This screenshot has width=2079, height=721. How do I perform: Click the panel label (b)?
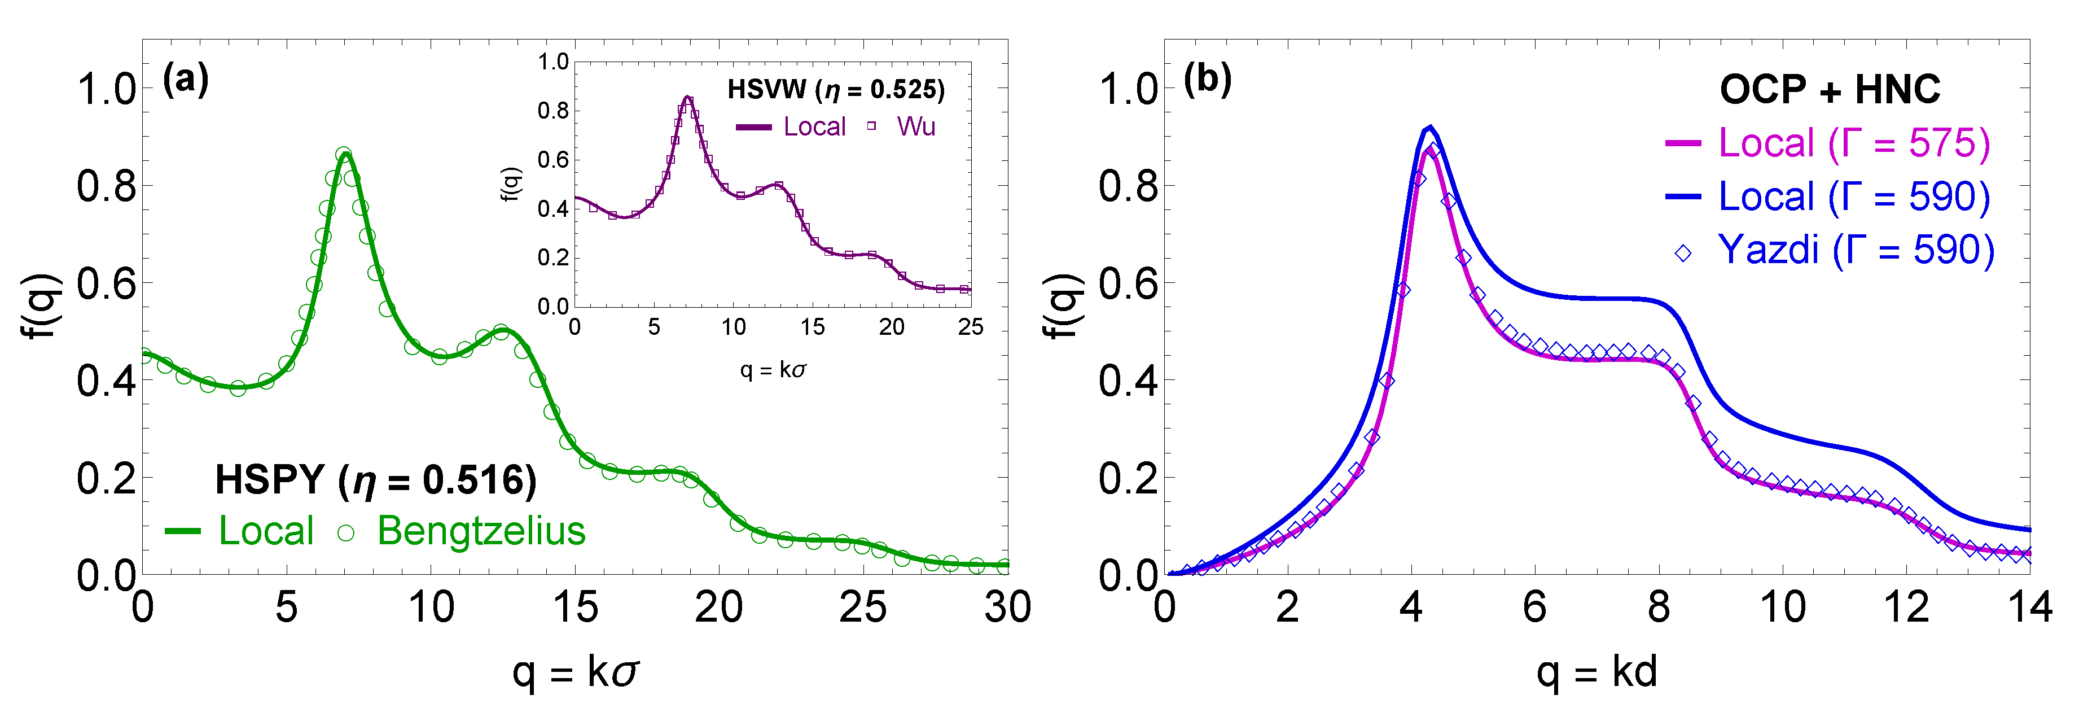tap(1207, 80)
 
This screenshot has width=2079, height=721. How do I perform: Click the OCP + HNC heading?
tap(1830, 89)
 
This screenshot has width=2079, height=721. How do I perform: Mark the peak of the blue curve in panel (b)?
tap(1429, 127)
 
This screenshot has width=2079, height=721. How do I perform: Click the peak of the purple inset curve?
tap(687, 98)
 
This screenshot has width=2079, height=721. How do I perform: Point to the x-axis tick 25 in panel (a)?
tap(863, 607)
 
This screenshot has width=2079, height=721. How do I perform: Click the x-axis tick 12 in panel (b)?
tap(1906, 607)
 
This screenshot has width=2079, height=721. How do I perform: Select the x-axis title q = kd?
tap(1596, 672)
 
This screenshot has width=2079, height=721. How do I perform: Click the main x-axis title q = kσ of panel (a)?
tap(576, 672)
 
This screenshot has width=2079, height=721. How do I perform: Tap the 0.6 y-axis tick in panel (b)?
tap(1128, 283)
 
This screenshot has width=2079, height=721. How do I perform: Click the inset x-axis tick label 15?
tap(812, 327)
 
